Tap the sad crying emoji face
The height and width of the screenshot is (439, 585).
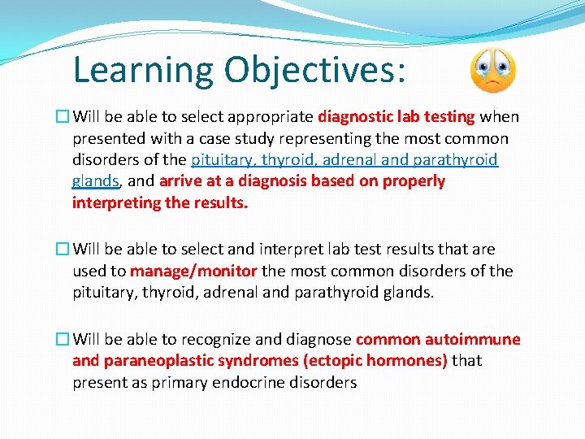(492, 71)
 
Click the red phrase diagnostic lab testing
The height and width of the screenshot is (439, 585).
(396, 117)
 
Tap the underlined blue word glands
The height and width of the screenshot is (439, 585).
(94, 181)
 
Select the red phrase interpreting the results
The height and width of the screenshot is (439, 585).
(160, 203)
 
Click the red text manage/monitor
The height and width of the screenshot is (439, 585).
(193, 271)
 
